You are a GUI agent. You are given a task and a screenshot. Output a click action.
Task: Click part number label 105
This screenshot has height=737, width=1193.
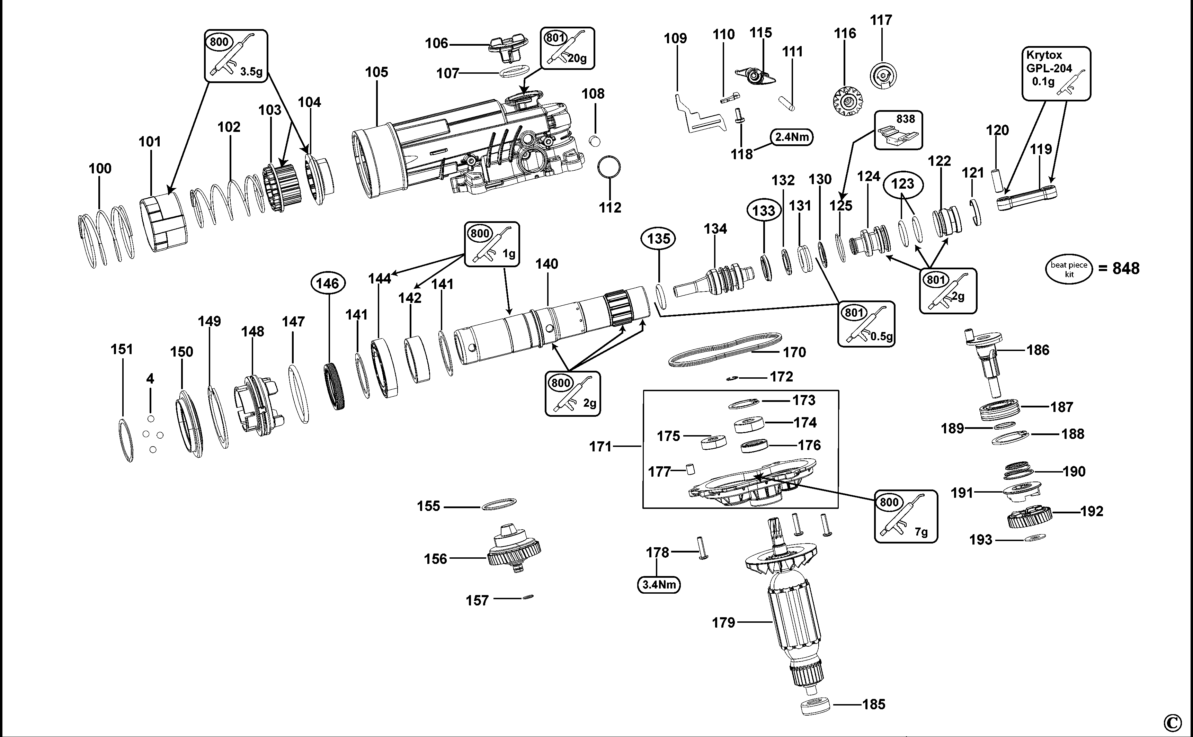tap(376, 72)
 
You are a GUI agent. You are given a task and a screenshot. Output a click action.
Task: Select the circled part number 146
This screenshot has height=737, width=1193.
tap(328, 283)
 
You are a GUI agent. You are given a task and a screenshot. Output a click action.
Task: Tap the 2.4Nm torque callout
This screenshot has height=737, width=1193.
tap(792, 137)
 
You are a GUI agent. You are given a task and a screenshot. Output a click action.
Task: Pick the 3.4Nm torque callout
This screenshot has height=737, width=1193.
tap(659, 584)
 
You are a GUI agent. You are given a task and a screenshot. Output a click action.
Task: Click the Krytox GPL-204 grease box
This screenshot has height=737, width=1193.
tap(1056, 74)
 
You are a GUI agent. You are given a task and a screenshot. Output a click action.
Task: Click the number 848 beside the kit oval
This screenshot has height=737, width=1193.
tap(1126, 269)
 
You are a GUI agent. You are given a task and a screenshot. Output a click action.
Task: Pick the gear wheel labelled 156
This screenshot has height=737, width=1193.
tap(514, 550)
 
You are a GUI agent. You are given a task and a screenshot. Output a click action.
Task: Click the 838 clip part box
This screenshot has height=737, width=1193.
tap(899, 130)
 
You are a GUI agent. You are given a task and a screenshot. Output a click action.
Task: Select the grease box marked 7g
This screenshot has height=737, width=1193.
tap(905, 516)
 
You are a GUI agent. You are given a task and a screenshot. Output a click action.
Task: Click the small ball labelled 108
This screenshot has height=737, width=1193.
tap(594, 141)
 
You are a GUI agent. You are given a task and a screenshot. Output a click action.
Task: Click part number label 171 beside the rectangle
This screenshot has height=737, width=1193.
tap(600, 447)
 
